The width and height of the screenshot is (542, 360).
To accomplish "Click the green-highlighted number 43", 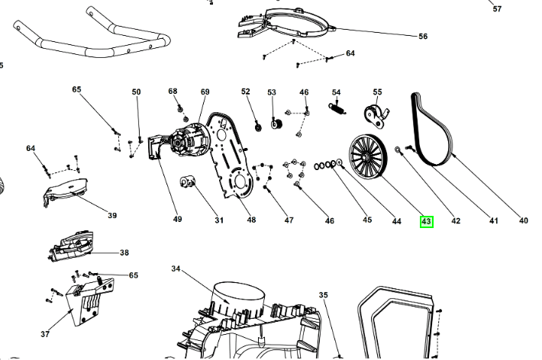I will point(427,221).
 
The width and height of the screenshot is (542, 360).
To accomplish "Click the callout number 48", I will point(251,220).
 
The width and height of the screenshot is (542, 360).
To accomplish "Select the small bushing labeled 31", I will point(188,182).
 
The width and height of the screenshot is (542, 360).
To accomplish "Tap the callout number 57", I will point(497,9).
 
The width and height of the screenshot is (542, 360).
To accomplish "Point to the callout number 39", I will point(112,215).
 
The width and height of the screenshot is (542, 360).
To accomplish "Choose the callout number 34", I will point(176,269).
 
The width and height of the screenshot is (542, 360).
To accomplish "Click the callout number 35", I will point(323,294).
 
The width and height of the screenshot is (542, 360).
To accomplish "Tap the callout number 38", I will point(124,252).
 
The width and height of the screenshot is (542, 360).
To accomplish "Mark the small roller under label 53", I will point(277,125).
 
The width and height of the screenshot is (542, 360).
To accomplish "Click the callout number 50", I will point(136,92).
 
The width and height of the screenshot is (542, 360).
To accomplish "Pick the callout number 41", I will point(493,221).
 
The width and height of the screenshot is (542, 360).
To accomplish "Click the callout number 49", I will point(177,220).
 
